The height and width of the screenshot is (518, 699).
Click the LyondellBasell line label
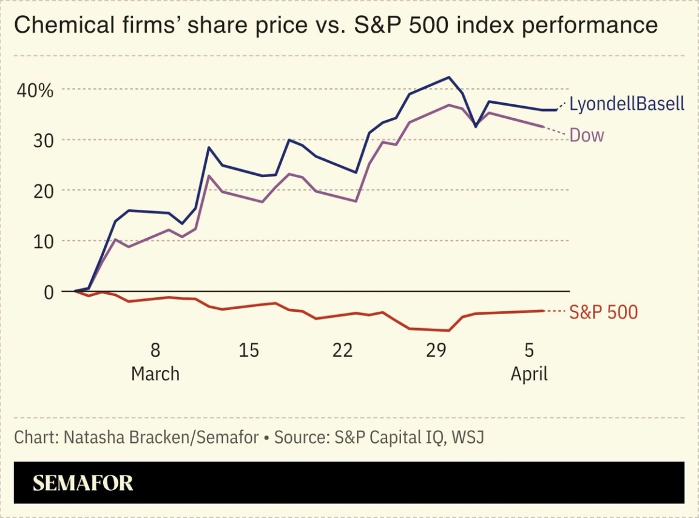tap(626, 104)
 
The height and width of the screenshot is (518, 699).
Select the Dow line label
tap(587, 135)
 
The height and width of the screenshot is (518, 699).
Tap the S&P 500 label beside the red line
tap(603, 312)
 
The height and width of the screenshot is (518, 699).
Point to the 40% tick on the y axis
tap(35, 90)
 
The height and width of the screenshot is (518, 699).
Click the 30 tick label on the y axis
tap(42, 140)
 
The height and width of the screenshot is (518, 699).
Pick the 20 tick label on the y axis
tap(42, 190)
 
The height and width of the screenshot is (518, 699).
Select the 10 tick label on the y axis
tap(42, 241)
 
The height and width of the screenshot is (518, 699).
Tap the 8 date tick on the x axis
tap(155, 350)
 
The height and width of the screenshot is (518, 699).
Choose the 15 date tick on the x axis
tap(249, 350)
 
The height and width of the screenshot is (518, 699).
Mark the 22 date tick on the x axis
tap(342, 350)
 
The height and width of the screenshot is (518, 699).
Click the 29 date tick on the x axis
tap(436, 350)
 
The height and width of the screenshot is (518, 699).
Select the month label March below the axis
tap(155, 374)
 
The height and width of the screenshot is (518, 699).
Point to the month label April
tap(529, 374)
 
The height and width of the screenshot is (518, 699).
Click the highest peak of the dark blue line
tap(449, 77)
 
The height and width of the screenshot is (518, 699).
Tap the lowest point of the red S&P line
tap(449, 331)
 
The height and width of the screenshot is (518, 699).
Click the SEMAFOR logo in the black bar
tap(83, 483)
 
